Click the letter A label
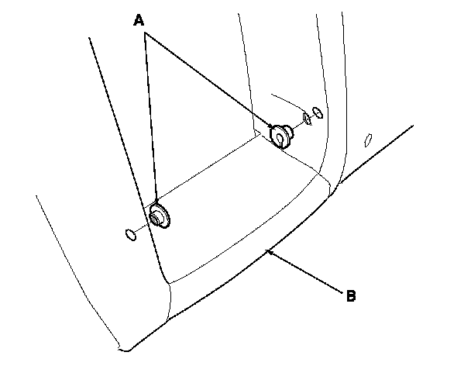(x=139, y=22)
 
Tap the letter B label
(x=351, y=295)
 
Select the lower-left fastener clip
(x=160, y=216)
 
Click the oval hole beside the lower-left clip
(x=130, y=233)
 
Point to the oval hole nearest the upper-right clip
(x=307, y=119)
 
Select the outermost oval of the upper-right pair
(x=318, y=112)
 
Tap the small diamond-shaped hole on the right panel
(x=370, y=140)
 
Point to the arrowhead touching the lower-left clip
(x=156, y=203)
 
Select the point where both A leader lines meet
(x=144, y=36)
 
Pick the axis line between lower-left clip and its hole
(x=142, y=227)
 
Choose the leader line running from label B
(x=306, y=271)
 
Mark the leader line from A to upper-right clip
(x=208, y=81)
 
